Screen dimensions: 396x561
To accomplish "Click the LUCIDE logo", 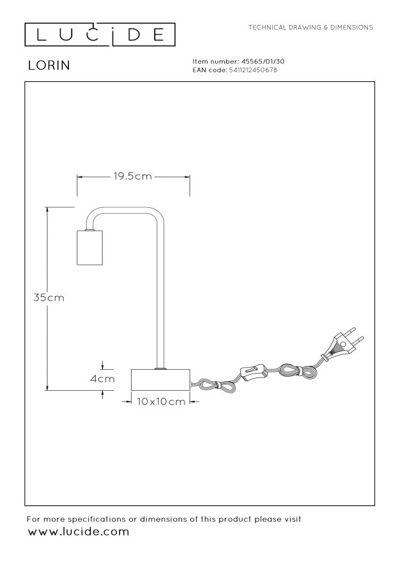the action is click(100, 35).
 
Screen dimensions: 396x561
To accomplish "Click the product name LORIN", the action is click(49, 65).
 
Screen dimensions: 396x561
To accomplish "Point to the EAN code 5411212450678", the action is click(253, 70).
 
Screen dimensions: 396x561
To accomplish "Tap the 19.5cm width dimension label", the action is click(133, 176).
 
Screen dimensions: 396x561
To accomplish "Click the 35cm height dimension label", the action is click(49, 297).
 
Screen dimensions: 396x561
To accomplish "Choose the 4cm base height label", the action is click(102, 379).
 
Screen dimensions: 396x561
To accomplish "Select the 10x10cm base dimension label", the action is click(161, 402).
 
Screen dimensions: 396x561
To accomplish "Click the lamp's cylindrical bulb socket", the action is click(90, 248).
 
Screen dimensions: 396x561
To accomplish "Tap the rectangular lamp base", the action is click(160, 379).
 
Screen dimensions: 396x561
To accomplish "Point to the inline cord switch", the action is click(254, 371).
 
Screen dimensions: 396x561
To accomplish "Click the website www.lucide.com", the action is click(78, 532).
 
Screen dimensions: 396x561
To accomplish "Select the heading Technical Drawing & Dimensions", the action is click(310, 28).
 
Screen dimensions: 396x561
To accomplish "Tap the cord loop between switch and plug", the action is click(298, 370).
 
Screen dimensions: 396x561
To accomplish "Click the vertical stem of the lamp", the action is click(160, 294).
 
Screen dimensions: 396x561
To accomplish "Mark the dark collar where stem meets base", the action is click(160, 368).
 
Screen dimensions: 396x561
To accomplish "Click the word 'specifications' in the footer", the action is click(96, 519).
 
